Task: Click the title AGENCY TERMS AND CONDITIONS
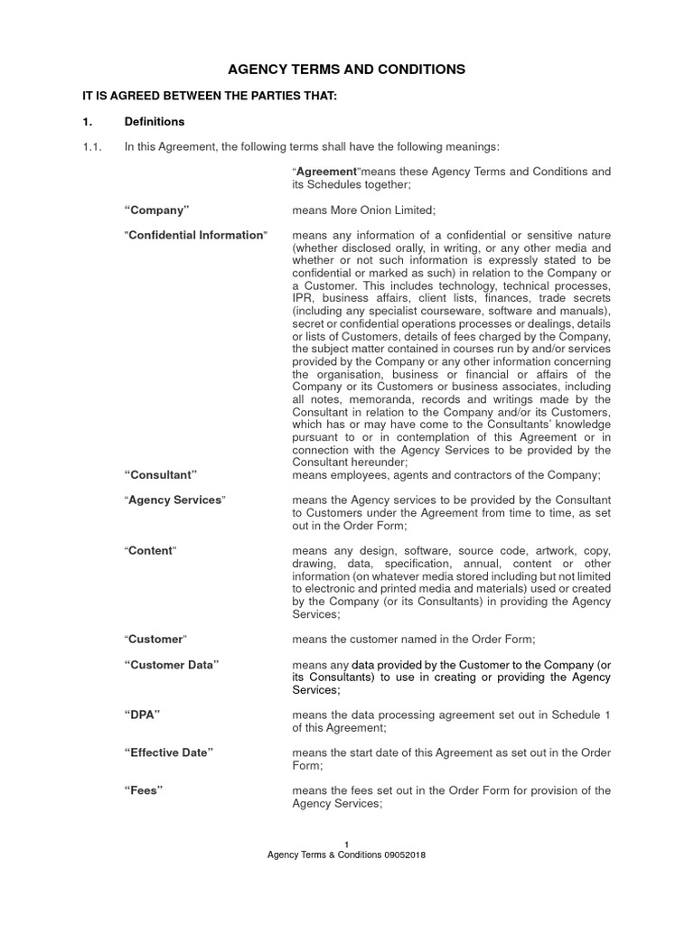point(346,69)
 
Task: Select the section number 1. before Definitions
point(88,121)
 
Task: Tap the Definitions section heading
point(155,121)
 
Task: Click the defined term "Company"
point(156,210)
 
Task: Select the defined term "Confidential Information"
point(196,235)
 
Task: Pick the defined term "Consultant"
point(160,474)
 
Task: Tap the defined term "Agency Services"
point(174,500)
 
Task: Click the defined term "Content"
point(150,550)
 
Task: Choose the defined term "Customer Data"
point(172,664)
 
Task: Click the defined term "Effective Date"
point(169,752)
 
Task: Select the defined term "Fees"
point(144,790)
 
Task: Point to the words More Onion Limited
point(385,210)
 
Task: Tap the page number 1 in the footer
point(347,844)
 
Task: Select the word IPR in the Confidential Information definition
point(305,297)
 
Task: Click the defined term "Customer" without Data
point(155,639)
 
